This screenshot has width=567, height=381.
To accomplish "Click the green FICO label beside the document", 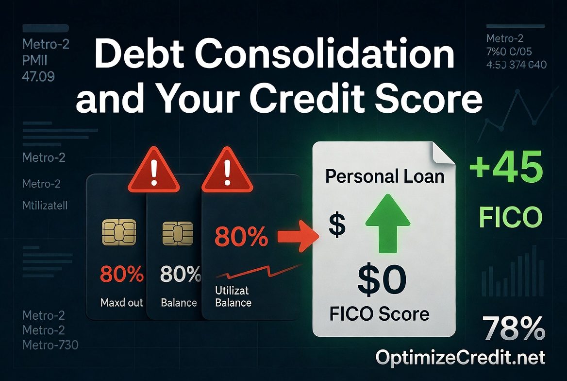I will (510, 218).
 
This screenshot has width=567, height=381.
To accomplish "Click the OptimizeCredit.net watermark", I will (461, 358).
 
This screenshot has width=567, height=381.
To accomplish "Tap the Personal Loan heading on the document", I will (385, 175).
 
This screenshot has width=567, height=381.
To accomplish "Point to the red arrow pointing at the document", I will (297, 237).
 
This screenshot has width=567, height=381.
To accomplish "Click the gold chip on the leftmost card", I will (119, 233).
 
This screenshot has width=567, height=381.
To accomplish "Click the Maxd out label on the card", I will (122, 303).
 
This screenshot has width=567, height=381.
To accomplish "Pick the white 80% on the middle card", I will (180, 276).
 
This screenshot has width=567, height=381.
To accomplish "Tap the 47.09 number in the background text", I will (38, 76).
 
